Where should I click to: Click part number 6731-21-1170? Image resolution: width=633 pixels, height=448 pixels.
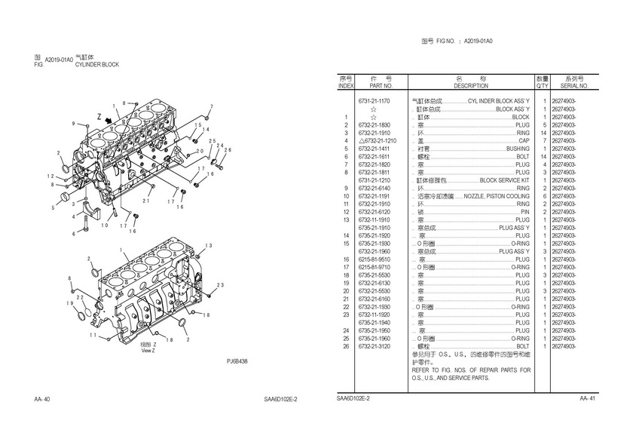pos(374,101)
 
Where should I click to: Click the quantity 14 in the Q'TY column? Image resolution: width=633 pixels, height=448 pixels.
pos(543,133)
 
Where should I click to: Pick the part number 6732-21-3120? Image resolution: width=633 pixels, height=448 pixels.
pos(374,346)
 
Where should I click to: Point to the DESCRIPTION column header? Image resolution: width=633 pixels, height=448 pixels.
pos(471,86)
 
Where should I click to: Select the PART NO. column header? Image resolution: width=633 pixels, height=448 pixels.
pos(381,86)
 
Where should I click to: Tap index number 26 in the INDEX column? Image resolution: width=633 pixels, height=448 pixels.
pos(345,346)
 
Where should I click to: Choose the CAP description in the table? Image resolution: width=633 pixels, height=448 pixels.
pos(523,141)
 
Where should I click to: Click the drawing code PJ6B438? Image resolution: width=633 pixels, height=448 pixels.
pos(237,361)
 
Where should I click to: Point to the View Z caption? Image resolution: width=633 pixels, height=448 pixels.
pos(148,350)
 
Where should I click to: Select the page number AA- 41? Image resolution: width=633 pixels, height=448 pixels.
pos(588,398)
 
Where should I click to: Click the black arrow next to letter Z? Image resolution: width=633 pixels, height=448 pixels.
pos(111,119)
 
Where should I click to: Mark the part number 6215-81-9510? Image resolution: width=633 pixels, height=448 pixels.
pos(374,259)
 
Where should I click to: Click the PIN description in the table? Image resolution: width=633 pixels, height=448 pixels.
pos(524,212)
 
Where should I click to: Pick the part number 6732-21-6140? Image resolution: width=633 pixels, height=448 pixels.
pos(374,188)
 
